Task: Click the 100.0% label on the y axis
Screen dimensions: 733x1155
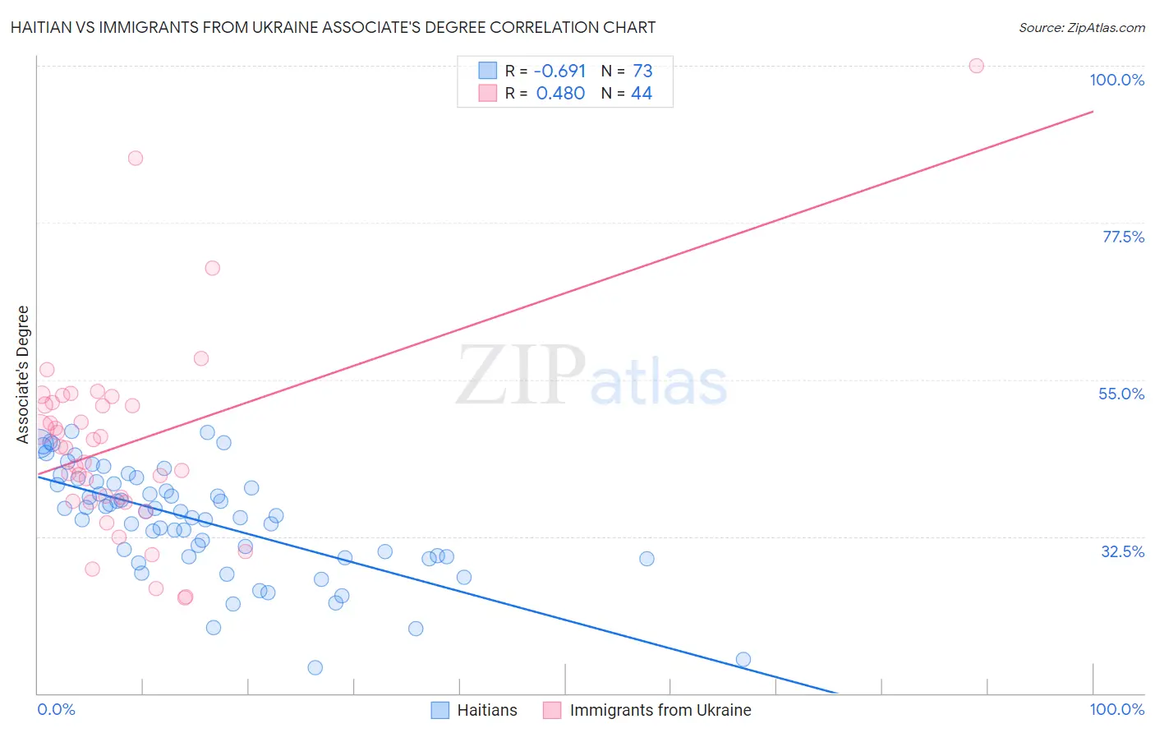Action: (1116, 80)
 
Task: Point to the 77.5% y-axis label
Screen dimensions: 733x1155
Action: (1122, 237)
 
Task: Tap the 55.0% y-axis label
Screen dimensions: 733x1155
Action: (1120, 394)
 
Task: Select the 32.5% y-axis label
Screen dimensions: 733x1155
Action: (1122, 551)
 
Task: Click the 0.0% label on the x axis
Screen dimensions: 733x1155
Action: (56, 709)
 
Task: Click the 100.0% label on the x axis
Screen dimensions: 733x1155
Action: (1116, 709)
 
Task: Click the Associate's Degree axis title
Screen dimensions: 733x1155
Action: (23, 374)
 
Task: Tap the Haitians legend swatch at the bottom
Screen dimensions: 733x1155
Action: (440, 710)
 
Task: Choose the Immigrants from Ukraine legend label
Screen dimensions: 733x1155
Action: (660, 710)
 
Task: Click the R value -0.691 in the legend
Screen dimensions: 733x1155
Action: (560, 71)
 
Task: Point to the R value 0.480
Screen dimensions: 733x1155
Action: (560, 94)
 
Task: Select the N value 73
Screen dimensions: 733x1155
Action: (642, 71)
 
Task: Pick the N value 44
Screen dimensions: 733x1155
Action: (642, 94)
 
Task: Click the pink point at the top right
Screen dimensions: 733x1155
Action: (976, 66)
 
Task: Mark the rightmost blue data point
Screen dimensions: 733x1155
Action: (743, 659)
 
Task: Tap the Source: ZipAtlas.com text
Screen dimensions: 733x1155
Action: (1081, 27)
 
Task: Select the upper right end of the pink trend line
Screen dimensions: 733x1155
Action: (1093, 111)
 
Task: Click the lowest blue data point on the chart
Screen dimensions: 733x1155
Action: (315, 667)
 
